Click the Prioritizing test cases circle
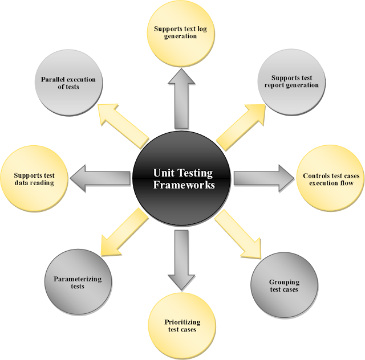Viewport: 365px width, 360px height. [182, 326]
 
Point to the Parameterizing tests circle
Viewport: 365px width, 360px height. [78, 282]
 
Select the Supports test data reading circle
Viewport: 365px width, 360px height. [34, 179]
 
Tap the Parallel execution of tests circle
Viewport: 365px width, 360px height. [68, 83]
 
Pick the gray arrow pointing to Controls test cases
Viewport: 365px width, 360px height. [259, 178]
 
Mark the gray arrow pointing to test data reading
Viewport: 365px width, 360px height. [103, 178]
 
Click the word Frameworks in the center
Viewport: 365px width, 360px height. [182, 185]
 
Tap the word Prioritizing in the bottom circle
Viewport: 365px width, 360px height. [182, 322]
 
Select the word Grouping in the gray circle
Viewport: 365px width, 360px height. [284, 282]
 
